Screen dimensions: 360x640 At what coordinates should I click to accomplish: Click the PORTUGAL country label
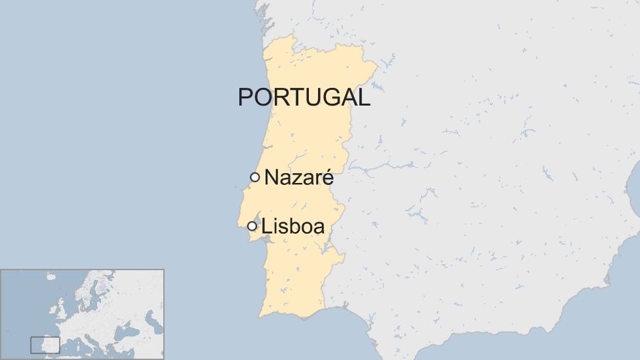[x=304, y=97]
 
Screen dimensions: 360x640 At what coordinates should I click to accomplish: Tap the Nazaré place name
[x=299, y=178]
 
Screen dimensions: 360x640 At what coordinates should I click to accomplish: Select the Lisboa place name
[x=293, y=227]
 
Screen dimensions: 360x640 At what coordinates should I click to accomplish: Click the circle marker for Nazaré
[x=255, y=177]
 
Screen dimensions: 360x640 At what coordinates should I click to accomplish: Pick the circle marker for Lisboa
[x=252, y=226]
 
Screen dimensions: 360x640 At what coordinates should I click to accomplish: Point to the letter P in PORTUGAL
[x=245, y=97]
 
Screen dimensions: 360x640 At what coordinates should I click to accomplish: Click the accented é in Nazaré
[x=328, y=178]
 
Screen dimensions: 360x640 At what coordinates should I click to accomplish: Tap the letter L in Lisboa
[x=266, y=227]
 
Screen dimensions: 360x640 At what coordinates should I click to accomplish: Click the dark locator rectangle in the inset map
[x=45, y=345]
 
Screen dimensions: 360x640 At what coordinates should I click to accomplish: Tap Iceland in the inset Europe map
[x=50, y=277]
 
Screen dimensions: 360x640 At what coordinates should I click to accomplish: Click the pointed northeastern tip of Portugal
[x=375, y=65]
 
